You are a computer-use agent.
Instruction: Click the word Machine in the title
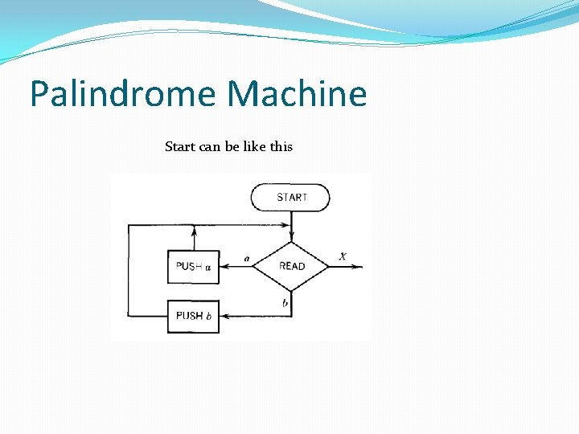297,94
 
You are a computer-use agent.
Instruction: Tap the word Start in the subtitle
179,146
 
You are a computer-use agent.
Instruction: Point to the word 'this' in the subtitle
281,146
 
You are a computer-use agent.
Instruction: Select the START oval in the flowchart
290,197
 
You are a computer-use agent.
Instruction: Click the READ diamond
291,266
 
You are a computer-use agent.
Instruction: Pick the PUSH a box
193,267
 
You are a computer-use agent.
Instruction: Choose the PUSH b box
193,316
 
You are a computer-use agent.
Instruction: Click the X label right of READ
343,256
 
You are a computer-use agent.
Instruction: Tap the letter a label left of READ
246,259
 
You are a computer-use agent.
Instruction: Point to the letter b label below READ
285,302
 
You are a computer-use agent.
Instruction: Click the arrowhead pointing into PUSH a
224,267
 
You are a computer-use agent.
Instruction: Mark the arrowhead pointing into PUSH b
224,316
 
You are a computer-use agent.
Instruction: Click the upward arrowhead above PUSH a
193,231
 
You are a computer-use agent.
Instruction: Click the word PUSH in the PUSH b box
189,316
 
